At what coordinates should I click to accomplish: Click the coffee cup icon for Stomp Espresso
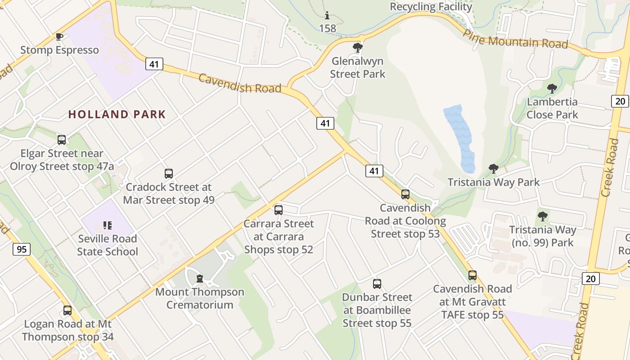tap(59, 36)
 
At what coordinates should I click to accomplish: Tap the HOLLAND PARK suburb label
tap(117, 114)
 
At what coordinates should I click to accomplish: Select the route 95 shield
tap(22, 249)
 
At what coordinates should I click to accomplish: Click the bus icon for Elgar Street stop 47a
tap(62, 140)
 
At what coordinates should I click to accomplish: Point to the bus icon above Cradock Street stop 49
tap(169, 173)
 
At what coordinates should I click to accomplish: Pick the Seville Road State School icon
tap(107, 225)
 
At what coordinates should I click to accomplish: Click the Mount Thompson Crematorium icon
tap(200, 279)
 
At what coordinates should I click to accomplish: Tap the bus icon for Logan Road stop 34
tap(67, 310)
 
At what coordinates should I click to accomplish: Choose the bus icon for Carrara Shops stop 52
tap(279, 210)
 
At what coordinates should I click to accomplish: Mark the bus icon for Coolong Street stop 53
tap(405, 194)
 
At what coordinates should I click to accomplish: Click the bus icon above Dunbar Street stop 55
tap(377, 283)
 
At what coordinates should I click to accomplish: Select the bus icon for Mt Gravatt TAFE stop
tap(472, 275)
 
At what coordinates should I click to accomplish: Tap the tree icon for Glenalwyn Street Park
tap(358, 47)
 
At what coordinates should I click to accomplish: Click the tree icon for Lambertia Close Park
tap(552, 88)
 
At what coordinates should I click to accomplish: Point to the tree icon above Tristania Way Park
tap(493, 169)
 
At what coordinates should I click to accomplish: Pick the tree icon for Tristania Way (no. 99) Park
tap(543, 216)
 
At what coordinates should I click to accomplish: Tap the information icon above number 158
tap(327, 15)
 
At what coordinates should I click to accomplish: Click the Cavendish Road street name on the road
tap(240, 83)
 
